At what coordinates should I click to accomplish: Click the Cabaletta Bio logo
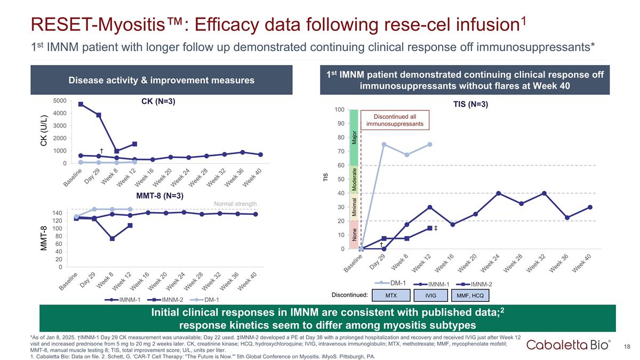pyautogui.click(x=569, y=346)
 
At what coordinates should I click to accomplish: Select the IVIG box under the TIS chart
pyautogui.click(x=431, y=295)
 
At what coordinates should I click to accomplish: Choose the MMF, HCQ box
pyautogui.click(x=469, y=295)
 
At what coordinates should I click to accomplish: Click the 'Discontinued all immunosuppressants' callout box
pyautogui.click(x=395, y=120)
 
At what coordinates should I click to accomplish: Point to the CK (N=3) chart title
pyautogui.click(x=158, y=101)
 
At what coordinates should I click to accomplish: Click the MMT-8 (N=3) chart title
pyautogui.click(x=160, y=196)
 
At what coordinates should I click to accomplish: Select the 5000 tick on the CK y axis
pyautogui.click(x=60, y=101)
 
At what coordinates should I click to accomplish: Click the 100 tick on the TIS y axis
pyautogui.click(x=339, y=110)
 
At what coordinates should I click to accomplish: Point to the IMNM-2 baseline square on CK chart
pyautogui.click(x=81, y=104)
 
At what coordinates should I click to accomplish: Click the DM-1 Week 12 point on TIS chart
pyautogui.click(x=429, y=145)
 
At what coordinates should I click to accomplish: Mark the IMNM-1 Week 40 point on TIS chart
pyautogui.click(x=589, y=207)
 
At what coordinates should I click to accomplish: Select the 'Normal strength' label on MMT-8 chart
pyautogui.click(x=235, y=204)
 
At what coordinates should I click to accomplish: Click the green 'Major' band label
pyautogui.click(x=354, y=137)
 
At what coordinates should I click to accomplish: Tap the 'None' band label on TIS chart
pyautogui.click(x=354, y=235)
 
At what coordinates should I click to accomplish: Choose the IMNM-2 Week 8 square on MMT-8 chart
pyautogui.click(x=113, y=238)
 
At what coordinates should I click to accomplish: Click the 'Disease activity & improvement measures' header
pyautogui.click(x=162, y=81)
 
